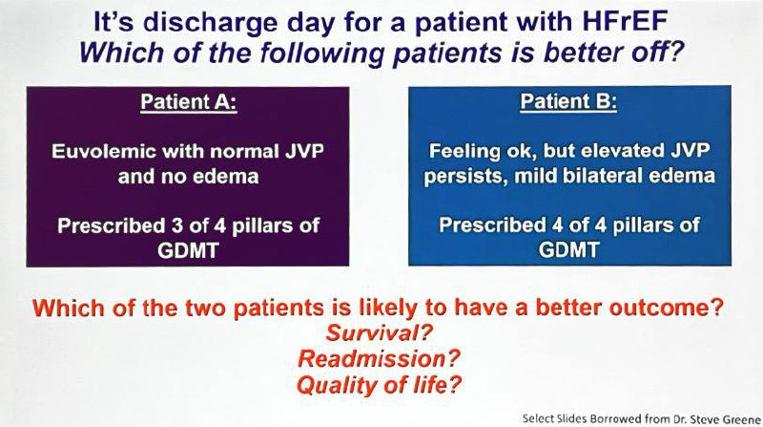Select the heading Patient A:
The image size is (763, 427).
[189, 102]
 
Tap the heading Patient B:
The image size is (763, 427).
[568, 101]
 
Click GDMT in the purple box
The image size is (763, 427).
[188, 250]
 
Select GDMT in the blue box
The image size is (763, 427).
[568, 250]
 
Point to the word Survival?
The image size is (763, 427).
[379, 332]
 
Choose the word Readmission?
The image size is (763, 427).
[379, 359]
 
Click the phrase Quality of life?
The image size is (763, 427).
[379, 385]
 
